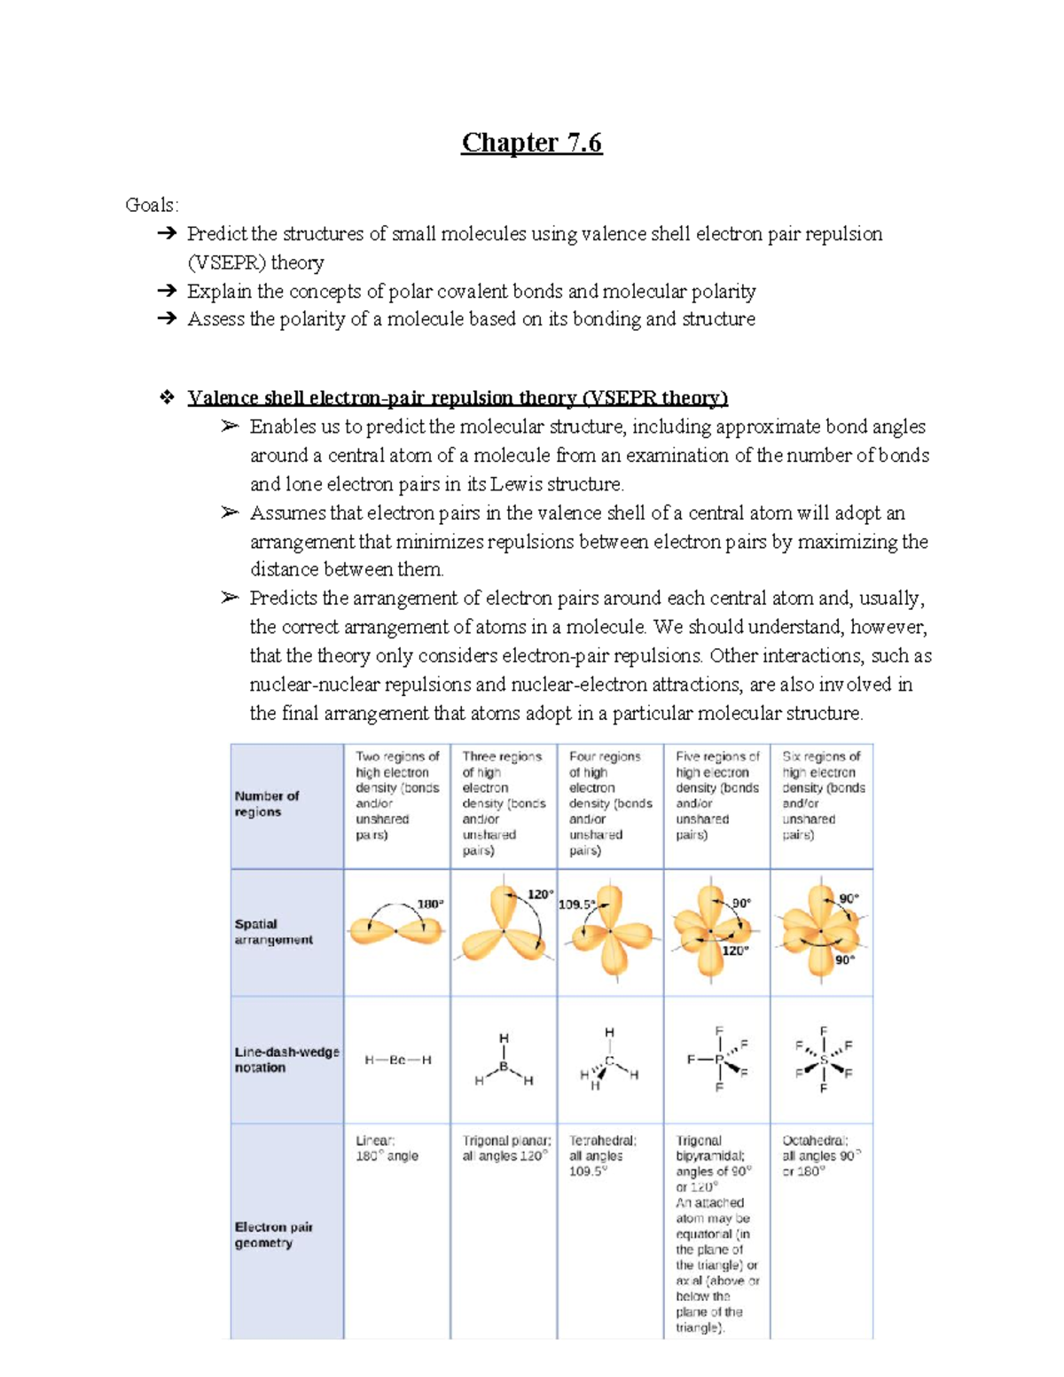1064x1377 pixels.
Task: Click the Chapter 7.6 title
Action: [531, 142]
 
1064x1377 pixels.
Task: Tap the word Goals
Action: [151, 205]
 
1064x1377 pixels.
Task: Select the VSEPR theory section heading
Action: [457, 397]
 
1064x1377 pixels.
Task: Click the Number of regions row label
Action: [266, 803]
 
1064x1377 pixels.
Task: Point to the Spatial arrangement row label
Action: [273, 931]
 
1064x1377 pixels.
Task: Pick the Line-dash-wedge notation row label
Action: [286, 1060]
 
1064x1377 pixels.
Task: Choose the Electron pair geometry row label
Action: [273, 1234]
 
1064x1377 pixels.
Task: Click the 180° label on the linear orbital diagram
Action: [430, 904]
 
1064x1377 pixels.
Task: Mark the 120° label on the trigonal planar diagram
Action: [540, 895]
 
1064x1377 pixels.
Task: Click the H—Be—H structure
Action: [398, 1060]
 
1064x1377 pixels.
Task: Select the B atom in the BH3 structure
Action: [504, 1067]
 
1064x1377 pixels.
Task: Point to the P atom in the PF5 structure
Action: [719, 1060]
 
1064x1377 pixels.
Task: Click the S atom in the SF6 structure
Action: [824, 1060]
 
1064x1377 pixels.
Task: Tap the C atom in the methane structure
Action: [610, 1060]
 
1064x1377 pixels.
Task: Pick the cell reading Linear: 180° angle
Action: [387, 1148]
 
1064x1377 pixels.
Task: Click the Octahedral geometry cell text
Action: [821, 1155]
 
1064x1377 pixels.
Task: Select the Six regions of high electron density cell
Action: [823, 795]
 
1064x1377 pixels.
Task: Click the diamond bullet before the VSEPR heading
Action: [166, 397]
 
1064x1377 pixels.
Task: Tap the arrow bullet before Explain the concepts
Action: [166, 291]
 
